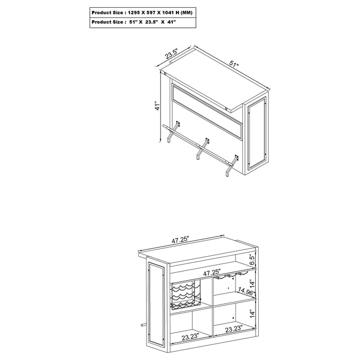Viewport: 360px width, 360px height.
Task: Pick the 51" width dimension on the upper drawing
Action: pyautogui.click(x=234, y=65)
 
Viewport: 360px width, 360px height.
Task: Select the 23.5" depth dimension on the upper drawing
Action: pyautogui.click(x=171, y=52)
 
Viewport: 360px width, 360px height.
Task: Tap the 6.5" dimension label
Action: pyautogui.click(x=251, y=259)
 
